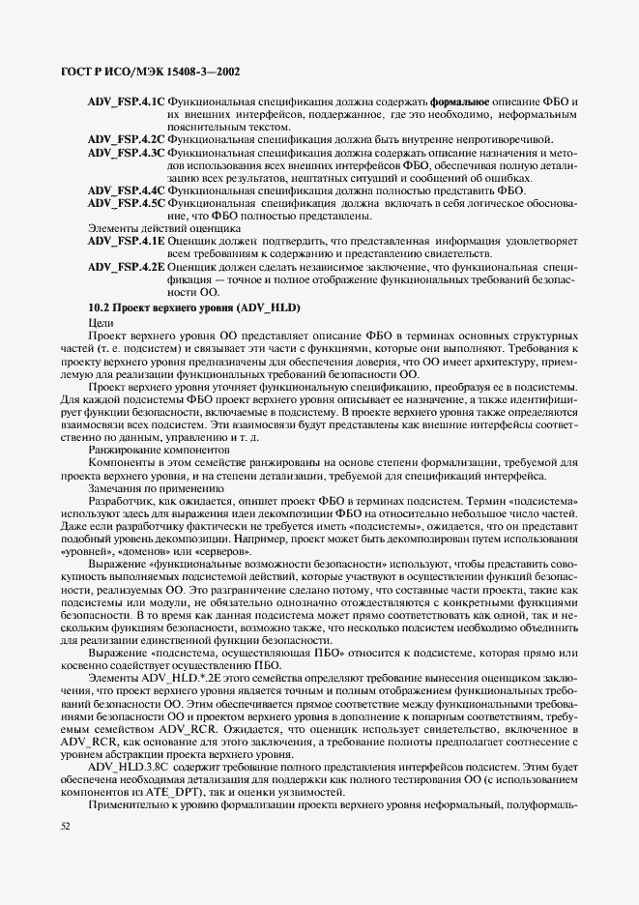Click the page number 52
[66, 827]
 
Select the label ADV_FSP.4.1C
[126, 102]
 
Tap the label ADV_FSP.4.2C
[126, 139]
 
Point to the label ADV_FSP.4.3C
[126, 153]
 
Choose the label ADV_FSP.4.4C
[126, 190]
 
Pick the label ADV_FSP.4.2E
[126, 266]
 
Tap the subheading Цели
[102, 322]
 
